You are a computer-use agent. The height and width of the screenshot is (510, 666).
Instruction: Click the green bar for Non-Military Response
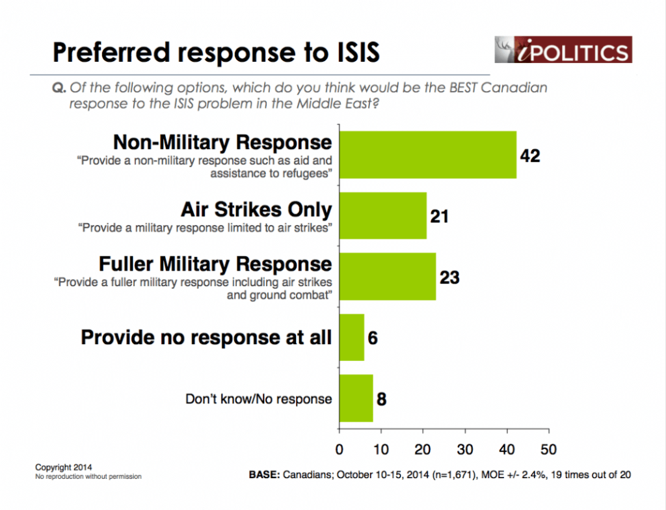pos(428,155)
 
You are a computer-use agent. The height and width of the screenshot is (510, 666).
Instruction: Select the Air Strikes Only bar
pos(382,215)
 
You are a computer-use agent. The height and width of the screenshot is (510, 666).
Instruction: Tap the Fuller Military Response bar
pos(388,276)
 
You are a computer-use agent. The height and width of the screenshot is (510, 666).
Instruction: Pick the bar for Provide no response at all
pos(352,337)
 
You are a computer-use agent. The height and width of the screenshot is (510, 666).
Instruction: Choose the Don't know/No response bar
pos(356,398)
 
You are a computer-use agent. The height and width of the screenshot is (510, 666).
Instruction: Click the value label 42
pos(529,156)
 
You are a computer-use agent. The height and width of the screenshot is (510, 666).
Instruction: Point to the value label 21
pos(439,217)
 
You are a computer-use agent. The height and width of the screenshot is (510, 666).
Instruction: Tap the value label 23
pos(449,278)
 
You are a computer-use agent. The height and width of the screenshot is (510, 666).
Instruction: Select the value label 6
pos(373,338)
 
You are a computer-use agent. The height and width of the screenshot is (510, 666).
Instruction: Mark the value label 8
pos(381,399)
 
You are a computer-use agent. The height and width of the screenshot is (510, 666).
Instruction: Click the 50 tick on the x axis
pos(548,450)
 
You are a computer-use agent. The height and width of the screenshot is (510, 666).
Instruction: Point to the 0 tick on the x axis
pos(339,450)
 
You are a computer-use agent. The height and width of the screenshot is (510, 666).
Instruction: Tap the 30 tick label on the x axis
pos(464,450)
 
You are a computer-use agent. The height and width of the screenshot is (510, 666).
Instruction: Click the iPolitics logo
pos(563,49)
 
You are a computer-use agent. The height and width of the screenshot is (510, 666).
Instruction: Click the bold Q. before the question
pos(59,88)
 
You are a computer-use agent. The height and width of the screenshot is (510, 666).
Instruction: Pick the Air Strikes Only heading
pos(256,209)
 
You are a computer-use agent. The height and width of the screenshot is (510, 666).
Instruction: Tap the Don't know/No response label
pos(259,399)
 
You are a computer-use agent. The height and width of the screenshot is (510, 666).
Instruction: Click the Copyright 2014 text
pos(63,467)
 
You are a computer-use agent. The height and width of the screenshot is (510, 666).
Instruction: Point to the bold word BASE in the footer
pos(264,475)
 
